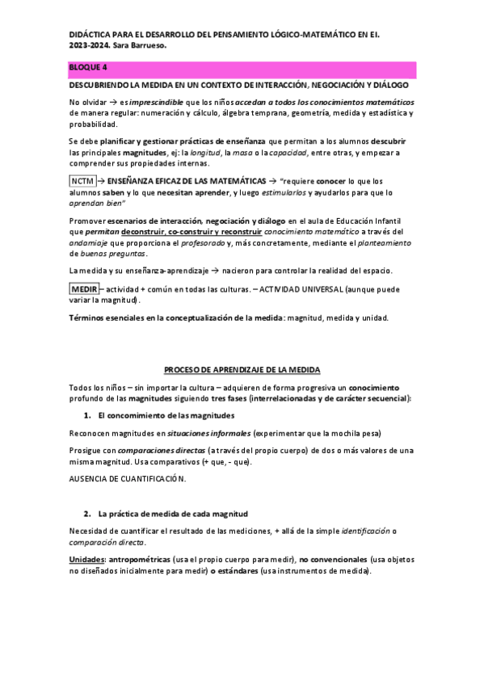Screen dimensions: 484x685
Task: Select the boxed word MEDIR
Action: coord(83,288)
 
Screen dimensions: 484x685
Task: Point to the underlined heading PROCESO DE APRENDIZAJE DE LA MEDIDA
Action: coord(242,369)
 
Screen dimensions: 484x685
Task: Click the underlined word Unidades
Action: coord(86,559)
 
